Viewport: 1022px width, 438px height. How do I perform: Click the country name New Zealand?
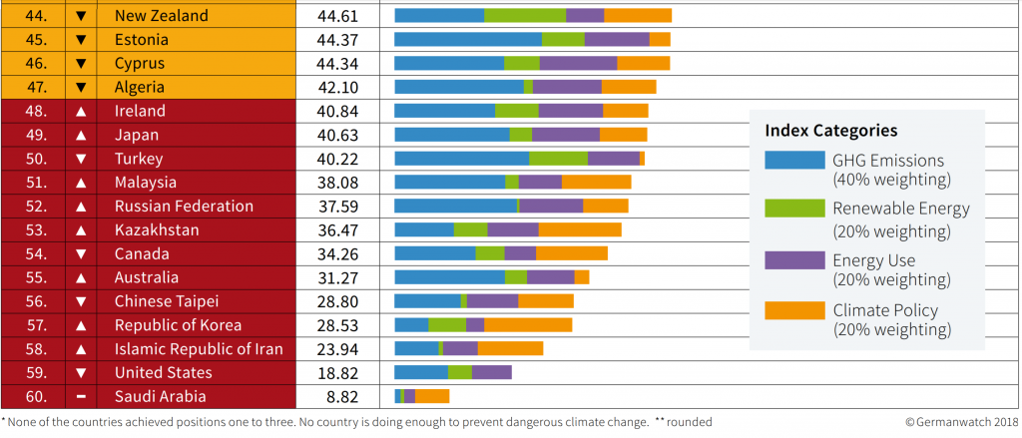coord(162,16)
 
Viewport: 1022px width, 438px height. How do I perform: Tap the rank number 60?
coord(36,396)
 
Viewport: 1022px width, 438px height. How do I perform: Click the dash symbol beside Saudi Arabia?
coord(82,396)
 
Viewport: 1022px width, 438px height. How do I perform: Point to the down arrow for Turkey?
coord(82,159)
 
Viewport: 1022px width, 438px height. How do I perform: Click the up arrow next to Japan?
coord(82,135)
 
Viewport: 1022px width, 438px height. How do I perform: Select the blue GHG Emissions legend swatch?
coord(794,161)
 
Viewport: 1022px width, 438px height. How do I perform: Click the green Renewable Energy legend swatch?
coord(794,210)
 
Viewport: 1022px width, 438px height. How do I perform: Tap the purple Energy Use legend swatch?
coord(794,260)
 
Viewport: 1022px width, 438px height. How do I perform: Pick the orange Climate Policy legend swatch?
coord(794,310)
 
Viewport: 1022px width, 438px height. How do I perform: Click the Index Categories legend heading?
coord(830,131)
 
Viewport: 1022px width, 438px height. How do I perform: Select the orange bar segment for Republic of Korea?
coord(528,325)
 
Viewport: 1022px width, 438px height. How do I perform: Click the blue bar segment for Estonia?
coord(468,40)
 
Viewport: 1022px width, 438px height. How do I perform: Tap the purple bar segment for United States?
coord(491,373)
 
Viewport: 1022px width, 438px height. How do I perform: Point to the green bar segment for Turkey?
coord(558,159)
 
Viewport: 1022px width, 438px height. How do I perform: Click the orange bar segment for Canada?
coord(571,253)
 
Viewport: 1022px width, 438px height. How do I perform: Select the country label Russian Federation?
coord(184,207)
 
